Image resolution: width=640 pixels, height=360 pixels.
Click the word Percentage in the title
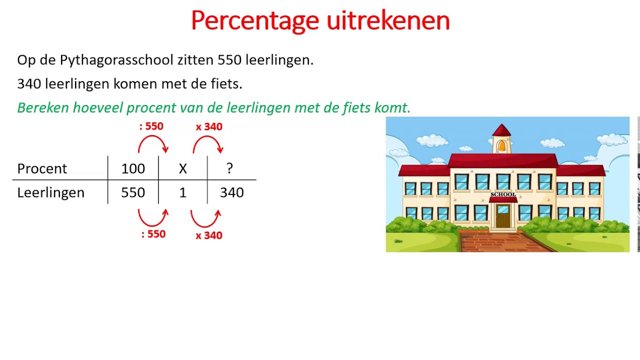tap(255, 21)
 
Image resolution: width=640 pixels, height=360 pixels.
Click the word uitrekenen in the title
tap(388, 21)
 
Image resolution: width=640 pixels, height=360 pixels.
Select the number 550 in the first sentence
tap(229, 60)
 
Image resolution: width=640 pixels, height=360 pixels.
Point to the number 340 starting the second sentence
tap(29, 84)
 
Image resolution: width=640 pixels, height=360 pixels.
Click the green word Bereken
tap(43, 107)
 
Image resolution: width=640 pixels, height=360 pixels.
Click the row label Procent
tap(42, 169)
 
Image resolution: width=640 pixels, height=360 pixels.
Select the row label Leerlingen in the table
tap(50, 193)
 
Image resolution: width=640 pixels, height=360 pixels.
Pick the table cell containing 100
tap(133, 169)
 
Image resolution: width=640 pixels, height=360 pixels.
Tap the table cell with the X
tap(183, 169)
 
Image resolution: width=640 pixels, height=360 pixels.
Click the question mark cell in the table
tap(229, 169)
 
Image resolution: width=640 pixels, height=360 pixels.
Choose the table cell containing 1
tap(183, 193)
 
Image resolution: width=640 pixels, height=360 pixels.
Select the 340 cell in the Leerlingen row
tap(232, 193)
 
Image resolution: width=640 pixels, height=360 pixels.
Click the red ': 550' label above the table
tap(151, 126)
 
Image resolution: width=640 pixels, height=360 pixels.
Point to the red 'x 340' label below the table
tap(209, 235)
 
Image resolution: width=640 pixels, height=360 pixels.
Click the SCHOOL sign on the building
tap(503, 194)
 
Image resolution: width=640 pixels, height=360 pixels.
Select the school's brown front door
tap(503, 217)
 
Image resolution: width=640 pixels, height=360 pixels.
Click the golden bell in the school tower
tap(502, 146)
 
